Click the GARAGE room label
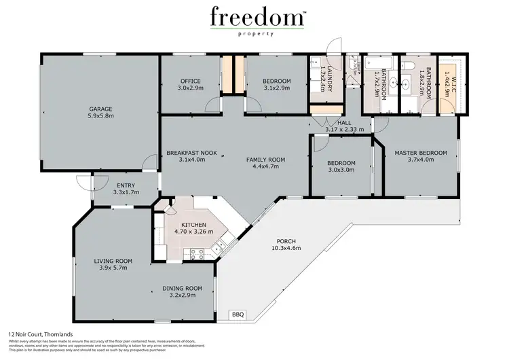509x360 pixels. pos(100,109)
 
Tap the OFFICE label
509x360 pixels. pos(189,81)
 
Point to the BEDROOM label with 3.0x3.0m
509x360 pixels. pos(341,163)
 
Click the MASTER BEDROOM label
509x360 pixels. pos(421,153)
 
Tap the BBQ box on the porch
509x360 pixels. pos(238,314)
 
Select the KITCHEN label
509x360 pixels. pos(193,224)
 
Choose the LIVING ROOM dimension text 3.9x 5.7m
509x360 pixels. pos(113,268)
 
